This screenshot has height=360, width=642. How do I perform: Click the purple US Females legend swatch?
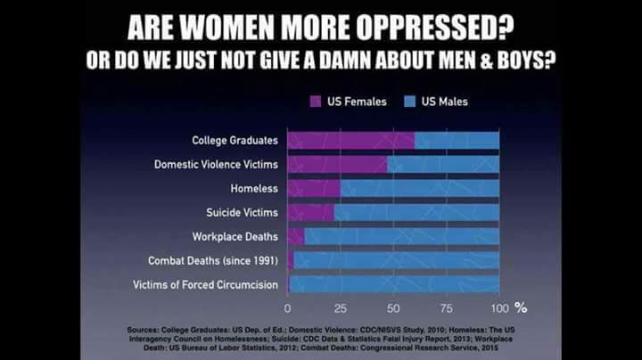click(316, 101)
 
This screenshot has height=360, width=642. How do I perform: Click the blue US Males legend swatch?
click(410, 101)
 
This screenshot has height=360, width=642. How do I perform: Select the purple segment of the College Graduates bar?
click(351, 140)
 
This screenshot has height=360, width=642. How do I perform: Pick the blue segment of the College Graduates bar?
click(457, 140)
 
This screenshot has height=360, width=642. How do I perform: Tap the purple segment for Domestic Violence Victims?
click(337, 165)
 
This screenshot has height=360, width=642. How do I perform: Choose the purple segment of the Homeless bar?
click(314, 189)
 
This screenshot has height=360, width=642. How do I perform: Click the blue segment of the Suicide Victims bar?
click(416, 213)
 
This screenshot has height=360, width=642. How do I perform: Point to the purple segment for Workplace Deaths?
click(296, 237)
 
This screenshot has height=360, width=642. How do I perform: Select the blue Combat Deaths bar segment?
click(396, 261)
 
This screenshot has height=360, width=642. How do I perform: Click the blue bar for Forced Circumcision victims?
click(394, 285)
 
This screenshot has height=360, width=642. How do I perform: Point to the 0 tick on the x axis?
click(287, 308)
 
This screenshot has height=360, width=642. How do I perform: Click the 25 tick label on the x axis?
click(341, 308)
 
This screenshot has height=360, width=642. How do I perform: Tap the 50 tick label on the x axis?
click(393, 308)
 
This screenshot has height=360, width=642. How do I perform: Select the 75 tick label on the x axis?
click(447, 308)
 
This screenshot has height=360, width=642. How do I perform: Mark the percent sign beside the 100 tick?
click(521, 307)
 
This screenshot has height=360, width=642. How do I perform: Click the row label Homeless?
click(254, 189)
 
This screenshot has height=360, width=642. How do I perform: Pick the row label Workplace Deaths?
click(235, 237)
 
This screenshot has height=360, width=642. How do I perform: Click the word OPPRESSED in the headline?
click(434, 28)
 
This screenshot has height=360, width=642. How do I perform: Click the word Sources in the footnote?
click(142, 330)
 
